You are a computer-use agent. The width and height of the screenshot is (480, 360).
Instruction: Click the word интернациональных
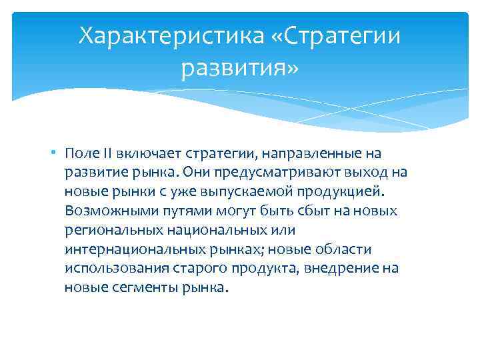128,249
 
